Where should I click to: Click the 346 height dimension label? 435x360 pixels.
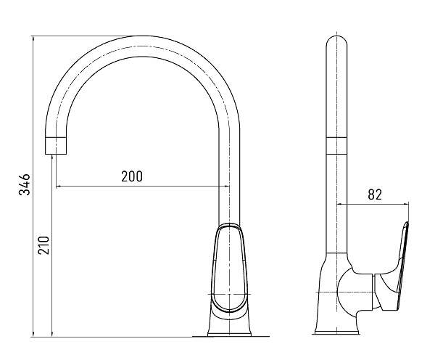[25, 186]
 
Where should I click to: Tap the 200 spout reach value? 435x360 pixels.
[131, 176]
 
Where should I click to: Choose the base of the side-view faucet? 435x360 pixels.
[339, 331]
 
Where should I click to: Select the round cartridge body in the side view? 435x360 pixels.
[353, 292]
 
